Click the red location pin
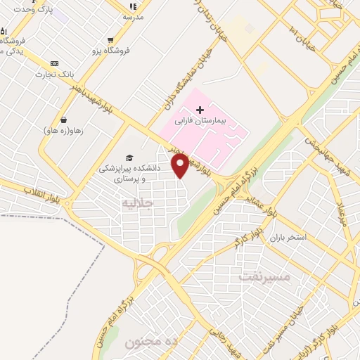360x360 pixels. click(181, 165)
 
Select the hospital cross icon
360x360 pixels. click(200, 110)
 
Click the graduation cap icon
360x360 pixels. click(129, 157)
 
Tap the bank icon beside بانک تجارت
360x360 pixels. click(55, 63)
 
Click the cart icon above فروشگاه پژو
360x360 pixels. click(110, 39)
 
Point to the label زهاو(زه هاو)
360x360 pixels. click(63, 131)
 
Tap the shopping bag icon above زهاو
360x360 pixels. click(64, 119)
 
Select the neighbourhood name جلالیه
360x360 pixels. click(137, 204)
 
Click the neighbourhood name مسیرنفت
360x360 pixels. click(264, 276)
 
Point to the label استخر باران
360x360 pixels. click(287, 237)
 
